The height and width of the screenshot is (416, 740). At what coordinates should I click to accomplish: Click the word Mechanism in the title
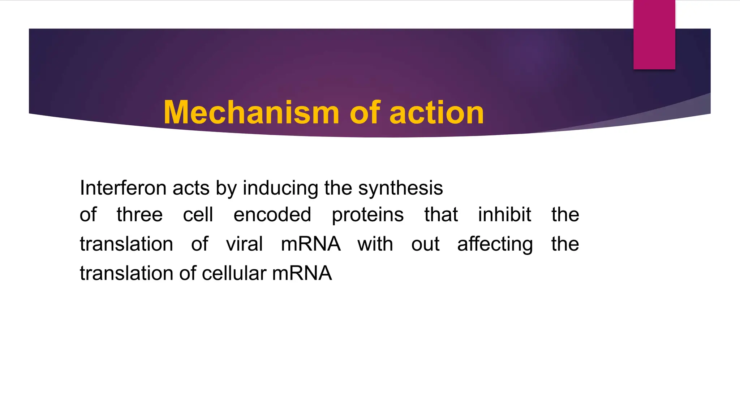pos(251,113)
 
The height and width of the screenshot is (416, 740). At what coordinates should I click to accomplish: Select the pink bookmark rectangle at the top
pos(654,35)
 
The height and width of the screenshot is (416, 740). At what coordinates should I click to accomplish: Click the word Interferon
pos(123,188)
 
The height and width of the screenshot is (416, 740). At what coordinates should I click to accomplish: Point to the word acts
pos(191,188)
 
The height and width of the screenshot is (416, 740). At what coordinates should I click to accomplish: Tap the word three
pos(139,214)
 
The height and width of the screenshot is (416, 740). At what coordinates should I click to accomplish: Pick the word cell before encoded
pos(198,214)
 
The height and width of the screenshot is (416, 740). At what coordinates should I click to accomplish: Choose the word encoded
pos(272,214)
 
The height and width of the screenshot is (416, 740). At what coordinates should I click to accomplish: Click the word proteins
pos(367,215)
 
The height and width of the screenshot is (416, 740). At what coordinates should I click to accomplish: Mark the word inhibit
pos(504,214)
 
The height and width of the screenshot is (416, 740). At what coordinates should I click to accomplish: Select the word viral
pos(244,244)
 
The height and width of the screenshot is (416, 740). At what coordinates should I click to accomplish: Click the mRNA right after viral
pos(311,244)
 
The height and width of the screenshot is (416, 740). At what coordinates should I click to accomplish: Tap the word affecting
pos(495,244)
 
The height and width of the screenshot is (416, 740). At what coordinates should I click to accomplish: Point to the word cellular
pos(234,273)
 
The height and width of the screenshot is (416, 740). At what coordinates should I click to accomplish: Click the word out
pos(425,244)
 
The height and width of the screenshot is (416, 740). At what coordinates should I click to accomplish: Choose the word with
pos(375,244)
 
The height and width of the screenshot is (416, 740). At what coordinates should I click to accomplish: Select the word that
pos(441,214)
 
